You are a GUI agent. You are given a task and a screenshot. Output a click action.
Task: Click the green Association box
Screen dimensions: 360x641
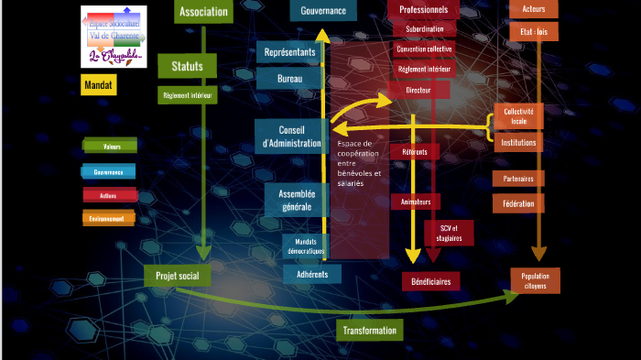point(203,12)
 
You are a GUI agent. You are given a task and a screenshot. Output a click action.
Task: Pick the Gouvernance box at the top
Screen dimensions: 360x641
point(323,10)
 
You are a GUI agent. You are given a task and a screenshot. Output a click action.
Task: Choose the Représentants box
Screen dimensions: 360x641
point(289,52)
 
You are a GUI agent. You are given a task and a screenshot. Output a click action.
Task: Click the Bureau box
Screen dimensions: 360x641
point(289,80)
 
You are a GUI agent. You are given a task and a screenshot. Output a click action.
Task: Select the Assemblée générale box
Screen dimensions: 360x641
point(297,200)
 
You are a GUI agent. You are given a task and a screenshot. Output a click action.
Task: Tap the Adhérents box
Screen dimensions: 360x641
point(312,273)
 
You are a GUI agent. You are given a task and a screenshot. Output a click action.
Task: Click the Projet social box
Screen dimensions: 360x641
point(177,275)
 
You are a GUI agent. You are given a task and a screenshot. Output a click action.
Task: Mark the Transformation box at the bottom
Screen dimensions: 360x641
point(369,330)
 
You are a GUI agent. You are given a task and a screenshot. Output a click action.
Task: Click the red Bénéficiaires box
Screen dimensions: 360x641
point(430,281)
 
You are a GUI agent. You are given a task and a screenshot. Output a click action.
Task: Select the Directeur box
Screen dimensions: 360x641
point(418,90)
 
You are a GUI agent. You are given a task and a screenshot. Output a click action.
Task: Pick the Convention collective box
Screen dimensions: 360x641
point(423,49)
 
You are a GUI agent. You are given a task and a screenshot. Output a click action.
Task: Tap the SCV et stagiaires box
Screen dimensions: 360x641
point(449,233)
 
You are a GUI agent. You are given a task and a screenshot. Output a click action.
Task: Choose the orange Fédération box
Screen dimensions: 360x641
point(518,203)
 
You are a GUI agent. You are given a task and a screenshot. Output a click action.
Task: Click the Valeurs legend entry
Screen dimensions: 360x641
point(111,146)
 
